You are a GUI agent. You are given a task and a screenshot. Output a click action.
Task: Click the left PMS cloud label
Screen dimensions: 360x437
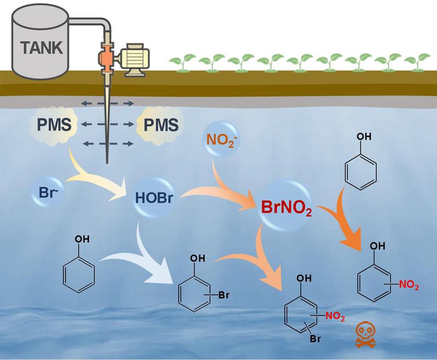pos(54,125)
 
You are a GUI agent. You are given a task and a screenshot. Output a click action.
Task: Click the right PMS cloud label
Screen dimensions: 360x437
pos(160,125)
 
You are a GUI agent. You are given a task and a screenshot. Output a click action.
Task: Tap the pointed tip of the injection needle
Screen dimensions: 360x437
pos(105,162)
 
